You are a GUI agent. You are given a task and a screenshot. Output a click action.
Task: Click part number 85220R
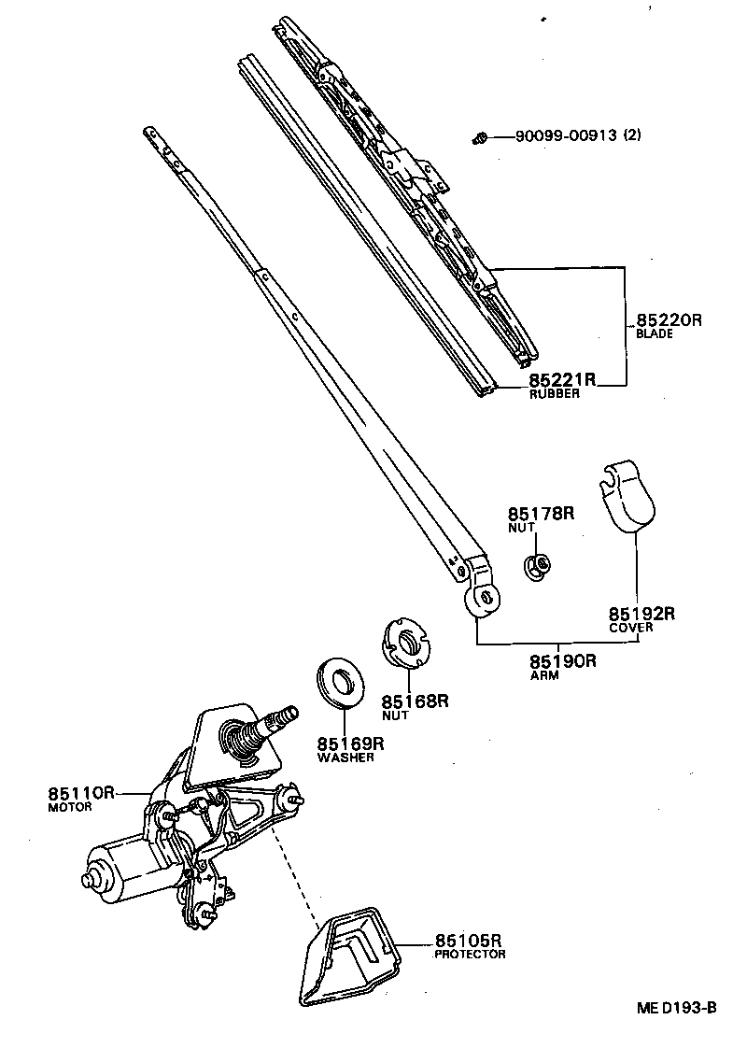668,319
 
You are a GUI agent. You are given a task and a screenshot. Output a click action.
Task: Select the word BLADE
654,333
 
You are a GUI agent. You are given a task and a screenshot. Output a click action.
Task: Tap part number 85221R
562,380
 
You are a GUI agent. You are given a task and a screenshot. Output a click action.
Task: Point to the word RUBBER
555,394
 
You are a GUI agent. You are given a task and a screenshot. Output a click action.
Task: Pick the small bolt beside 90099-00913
480,138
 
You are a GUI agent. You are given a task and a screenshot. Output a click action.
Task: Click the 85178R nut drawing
537,565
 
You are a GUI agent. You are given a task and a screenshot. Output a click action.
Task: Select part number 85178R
541,514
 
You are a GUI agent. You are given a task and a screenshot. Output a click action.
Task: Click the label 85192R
641,614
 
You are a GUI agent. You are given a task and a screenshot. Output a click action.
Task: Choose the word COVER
630,628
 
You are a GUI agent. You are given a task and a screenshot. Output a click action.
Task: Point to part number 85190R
562,662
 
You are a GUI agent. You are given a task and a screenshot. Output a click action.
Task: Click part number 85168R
415,701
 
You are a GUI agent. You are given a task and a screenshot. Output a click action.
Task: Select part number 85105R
469,941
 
